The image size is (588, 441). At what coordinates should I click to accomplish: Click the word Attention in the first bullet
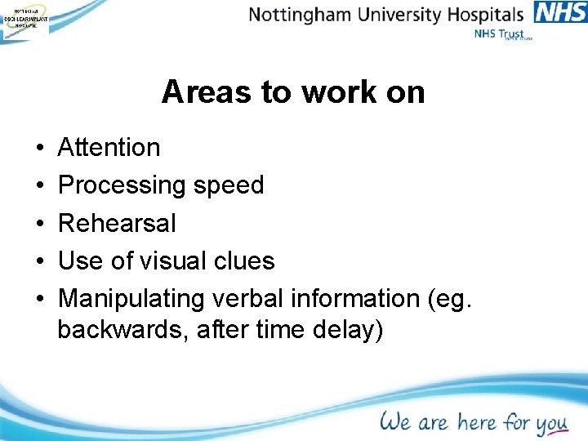109,148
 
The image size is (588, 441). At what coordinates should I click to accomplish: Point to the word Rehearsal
117,223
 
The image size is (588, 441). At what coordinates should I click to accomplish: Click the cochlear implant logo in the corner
24,20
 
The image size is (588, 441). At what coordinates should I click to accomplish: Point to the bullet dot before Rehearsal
39,224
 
